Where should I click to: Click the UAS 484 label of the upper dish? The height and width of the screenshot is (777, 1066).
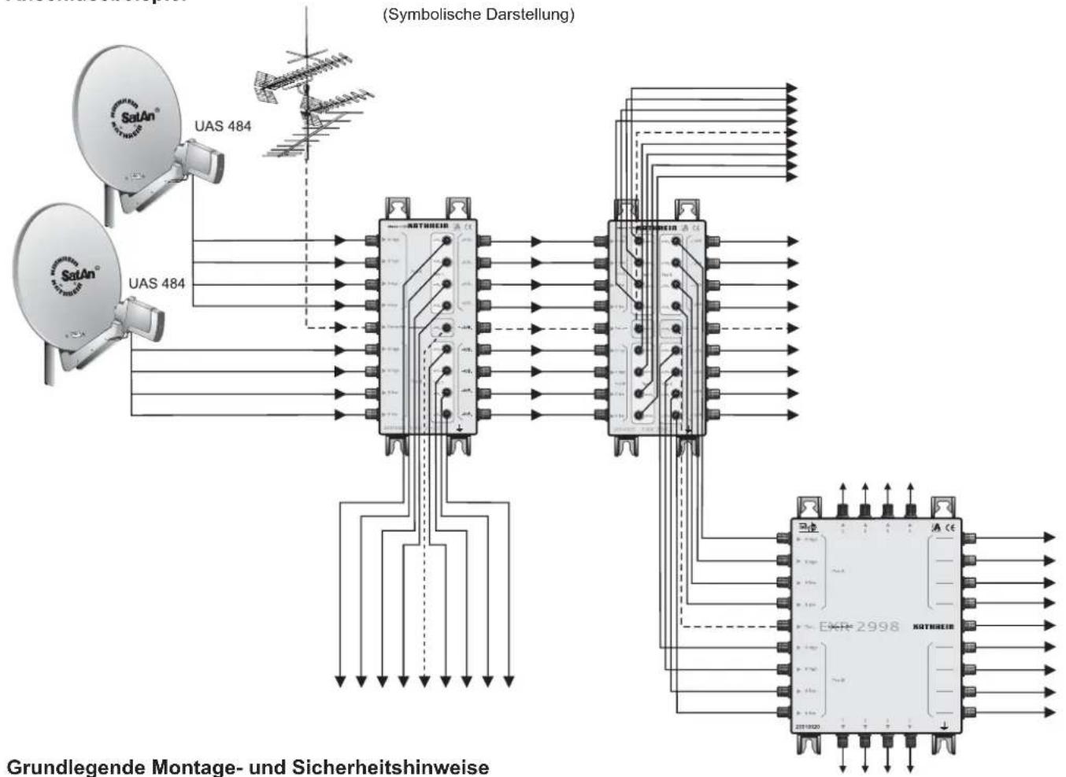[x=223, y=126]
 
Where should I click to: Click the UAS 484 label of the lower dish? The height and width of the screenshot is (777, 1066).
[x=157, y=283]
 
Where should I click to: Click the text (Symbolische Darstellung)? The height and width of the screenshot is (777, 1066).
[x=478, y=15]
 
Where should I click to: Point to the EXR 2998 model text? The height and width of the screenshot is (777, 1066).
[x=859, y=627]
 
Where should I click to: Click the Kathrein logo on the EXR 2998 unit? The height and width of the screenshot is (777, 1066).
[x=933, y=627]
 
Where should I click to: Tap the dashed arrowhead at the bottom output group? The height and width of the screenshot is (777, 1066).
[x=424, y=680]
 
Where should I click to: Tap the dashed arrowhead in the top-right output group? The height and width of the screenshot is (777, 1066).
[x=791, y=133]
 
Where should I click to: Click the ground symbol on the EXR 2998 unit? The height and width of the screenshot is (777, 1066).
[x=944, y=726]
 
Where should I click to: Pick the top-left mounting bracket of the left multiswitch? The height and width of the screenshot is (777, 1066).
[x=396, y=208]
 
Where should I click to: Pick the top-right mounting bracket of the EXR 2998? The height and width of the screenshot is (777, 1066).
[x=942, y=507]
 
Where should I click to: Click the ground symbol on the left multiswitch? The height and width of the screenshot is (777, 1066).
[x=460, y=429]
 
